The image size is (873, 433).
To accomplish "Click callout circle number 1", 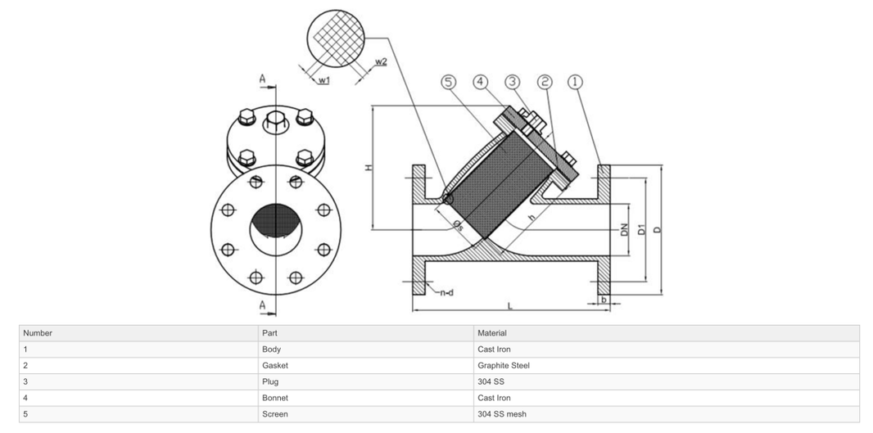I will point(576,82).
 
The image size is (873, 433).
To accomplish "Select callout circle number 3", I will point(512,82).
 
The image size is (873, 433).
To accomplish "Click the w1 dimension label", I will point(323,80).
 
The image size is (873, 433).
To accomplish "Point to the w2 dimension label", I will point(380,62).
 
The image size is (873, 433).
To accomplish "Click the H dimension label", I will point(369,167).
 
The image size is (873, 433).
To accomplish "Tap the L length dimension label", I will point(509,305).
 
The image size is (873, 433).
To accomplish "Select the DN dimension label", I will point(624,230).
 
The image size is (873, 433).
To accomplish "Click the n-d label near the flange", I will point(447,292).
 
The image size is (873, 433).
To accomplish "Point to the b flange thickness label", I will point(604,300).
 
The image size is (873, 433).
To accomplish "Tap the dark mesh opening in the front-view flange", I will point(275,221).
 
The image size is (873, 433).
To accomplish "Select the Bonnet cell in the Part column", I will point(274,398).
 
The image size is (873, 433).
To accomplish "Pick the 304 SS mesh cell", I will point(501,414).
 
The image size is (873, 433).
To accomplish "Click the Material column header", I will point(492,333).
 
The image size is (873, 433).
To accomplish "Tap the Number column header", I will point(38,333).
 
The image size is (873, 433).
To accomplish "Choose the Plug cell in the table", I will point(270,381).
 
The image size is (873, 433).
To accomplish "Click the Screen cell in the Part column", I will point(274,414).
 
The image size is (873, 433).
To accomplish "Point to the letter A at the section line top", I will point(263,79).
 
